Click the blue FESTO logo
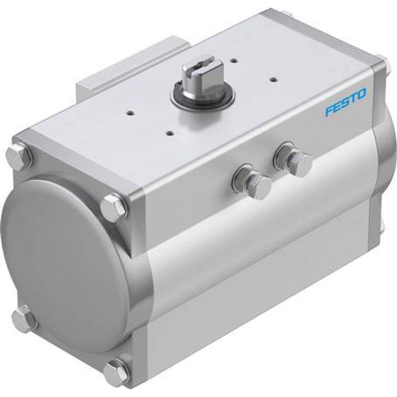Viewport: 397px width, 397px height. (x=346, y=102)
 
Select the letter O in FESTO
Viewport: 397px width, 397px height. (x=362, y=95)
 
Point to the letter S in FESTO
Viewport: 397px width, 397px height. (x=345, y=102)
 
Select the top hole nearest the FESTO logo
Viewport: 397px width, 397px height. (x=273, y=79)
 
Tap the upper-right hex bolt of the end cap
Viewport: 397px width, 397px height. (x=114, y=206)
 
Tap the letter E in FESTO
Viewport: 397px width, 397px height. (x=337, y=106)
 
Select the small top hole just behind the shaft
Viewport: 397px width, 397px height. (x=236, y=60)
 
